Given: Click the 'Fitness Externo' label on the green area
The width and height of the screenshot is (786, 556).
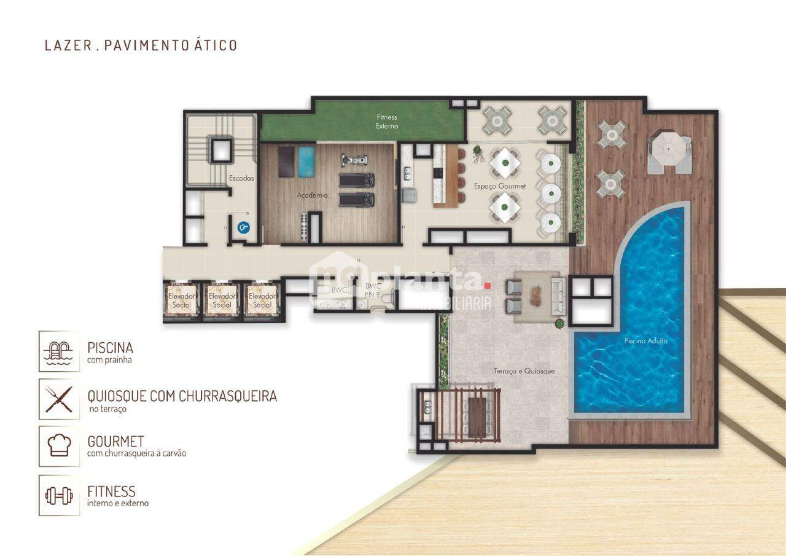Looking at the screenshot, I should point(387,121).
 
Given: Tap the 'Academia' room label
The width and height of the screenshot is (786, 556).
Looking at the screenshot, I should point(311,195).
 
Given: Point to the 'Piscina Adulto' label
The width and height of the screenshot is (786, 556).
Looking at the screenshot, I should point(645,341).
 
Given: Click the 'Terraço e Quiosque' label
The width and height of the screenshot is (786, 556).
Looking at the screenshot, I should point(524,371).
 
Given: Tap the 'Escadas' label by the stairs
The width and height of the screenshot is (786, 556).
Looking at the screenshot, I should point(241,178).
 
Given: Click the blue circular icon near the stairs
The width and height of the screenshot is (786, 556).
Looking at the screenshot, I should point(244,227).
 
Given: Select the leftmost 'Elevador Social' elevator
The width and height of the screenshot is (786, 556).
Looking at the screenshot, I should point(181,300).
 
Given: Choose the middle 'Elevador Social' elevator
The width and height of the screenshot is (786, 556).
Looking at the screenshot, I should point(222,300).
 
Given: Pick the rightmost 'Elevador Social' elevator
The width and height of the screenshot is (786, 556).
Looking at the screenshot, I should point(262,300).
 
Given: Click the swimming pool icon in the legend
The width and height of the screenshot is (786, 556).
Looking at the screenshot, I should point(59,351).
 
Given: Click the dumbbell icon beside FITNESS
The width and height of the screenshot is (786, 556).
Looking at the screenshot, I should point(59,495).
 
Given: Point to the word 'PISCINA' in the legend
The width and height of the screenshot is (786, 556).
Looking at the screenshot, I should point(111,348).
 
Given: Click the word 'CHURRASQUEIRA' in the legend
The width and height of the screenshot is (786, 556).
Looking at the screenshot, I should point(227,396).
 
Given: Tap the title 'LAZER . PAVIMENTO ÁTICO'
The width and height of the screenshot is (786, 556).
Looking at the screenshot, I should point(141,45).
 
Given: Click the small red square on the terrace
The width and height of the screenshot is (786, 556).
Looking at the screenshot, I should point(488,285).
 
